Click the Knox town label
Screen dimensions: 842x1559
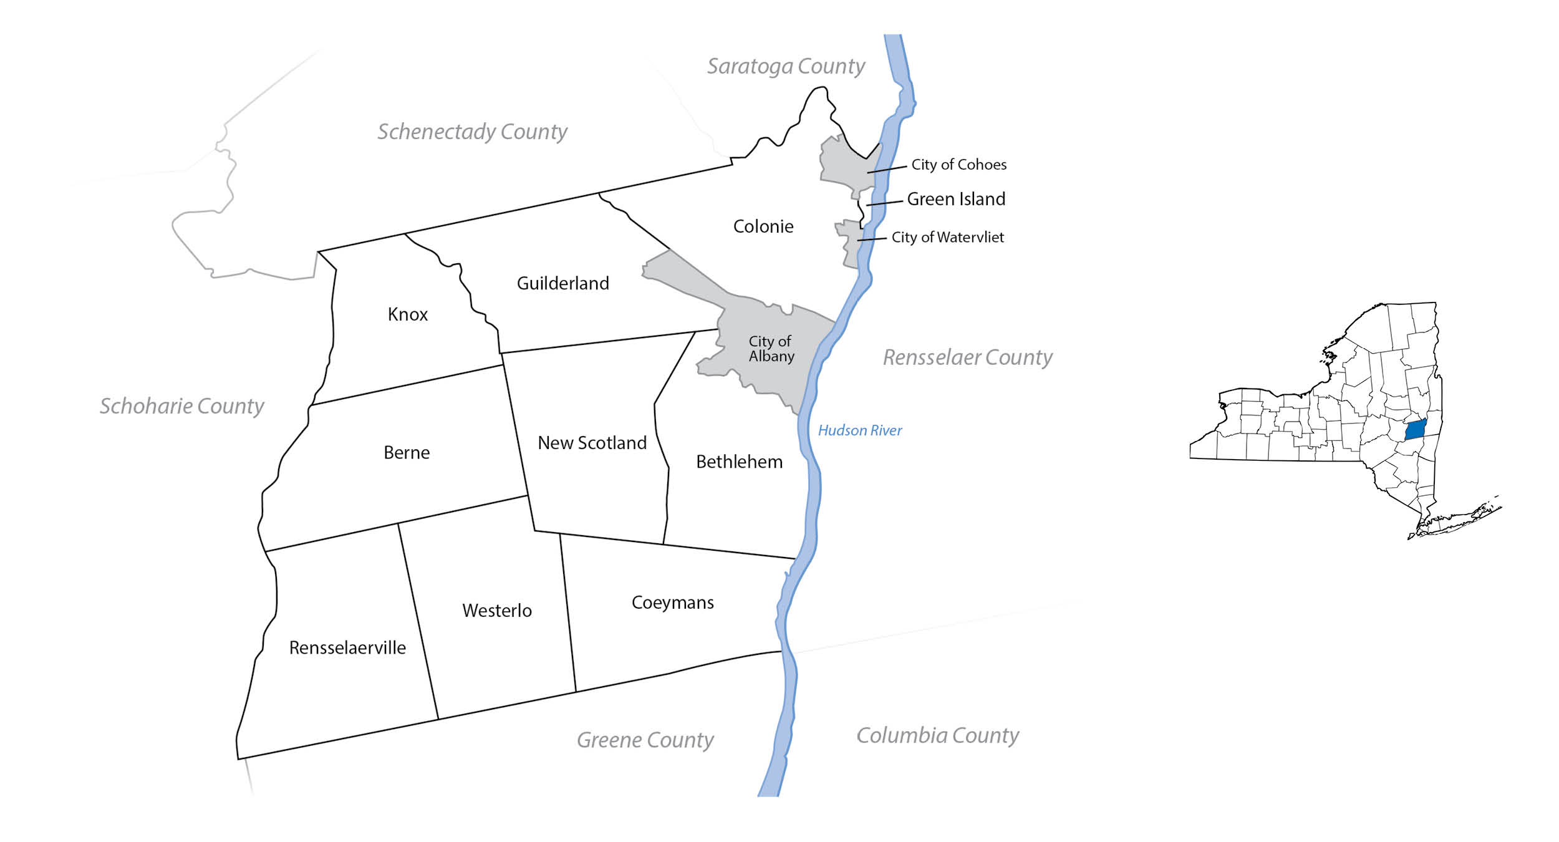coord(407,314)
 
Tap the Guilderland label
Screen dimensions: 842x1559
coord(562,283)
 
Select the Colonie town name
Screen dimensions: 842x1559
coord(763,226)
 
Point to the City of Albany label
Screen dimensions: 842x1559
coord(771,349)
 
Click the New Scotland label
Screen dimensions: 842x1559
coord(592,443)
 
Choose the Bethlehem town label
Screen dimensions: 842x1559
coord(739,462)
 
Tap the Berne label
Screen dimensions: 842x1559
coord(406,452)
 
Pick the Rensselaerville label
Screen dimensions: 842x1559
coord(347,647)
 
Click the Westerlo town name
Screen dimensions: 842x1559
coord(496,610)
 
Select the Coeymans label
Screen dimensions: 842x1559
coord(672,602)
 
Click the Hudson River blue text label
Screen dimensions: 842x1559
coord(859,430)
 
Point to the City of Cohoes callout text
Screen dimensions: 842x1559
coord(958,165)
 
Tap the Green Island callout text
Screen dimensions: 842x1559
coord(955,199)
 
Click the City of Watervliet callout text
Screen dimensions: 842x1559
coord(947,237)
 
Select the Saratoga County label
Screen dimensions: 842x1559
coord(785,66)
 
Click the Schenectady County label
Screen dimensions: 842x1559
coord(472,132)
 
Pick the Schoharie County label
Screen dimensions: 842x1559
coord(181,406)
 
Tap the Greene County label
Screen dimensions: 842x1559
coord(645,740)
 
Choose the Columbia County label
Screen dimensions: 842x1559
coord(937,735)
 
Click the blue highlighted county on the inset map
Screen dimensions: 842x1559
coord(1415,430)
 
